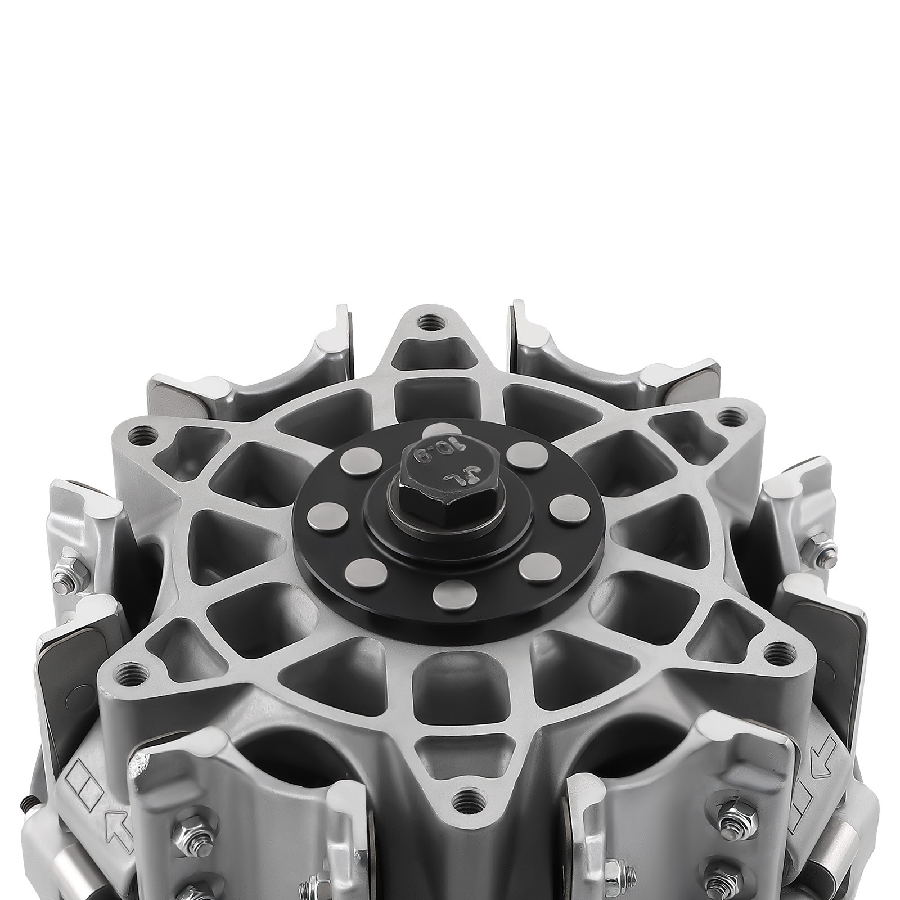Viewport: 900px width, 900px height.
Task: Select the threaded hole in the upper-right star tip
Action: (729, 417)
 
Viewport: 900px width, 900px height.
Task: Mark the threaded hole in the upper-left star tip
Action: (134, 434)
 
